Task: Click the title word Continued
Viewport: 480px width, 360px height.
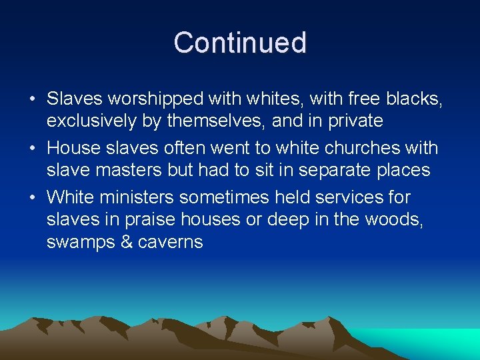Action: click(x=240, y=43)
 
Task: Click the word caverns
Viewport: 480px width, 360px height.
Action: click(x=170, y=241)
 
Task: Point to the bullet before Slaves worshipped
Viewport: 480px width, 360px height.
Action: click(x=32, y=99)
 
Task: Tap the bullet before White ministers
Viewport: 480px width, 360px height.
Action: click(x=32, y=198)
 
